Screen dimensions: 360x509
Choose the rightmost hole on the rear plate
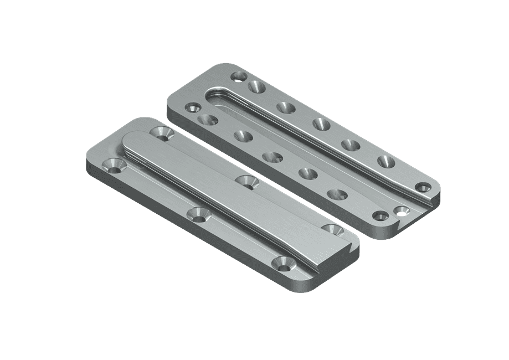click(x=424, y=188)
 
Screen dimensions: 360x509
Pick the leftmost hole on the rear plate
click(x=193, y=107)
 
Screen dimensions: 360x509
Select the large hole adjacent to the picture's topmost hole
click(x=256, y=86)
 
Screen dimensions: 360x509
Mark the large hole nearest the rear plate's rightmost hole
click(x=385, y=162)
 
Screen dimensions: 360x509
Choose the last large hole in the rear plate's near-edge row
click(x=337, y=194)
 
